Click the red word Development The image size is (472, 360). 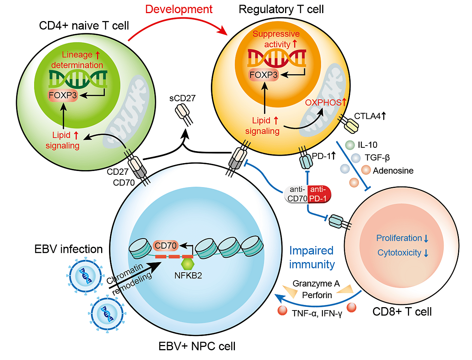[179, 9]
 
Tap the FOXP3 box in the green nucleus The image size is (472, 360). [63, 95]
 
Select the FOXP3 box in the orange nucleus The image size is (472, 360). [263, 75]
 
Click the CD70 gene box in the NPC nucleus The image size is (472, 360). [166, 246]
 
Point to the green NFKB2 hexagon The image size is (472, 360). [187, 264]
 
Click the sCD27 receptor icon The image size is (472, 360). [183, 112]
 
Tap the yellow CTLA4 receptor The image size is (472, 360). [351, 126]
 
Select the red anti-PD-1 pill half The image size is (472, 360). [318, 194]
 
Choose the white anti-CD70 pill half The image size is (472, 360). [297, 194]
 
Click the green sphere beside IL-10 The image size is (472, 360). [350, 145]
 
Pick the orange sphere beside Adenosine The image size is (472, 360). [366, 170]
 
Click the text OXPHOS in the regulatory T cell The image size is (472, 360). [323, 103]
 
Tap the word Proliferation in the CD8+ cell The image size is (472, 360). [399, 238]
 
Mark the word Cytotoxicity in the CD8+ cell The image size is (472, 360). [399, 253]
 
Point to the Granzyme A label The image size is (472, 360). [316, 283]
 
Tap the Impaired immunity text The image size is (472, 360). [312, 257]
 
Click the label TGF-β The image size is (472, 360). [377, 158]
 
